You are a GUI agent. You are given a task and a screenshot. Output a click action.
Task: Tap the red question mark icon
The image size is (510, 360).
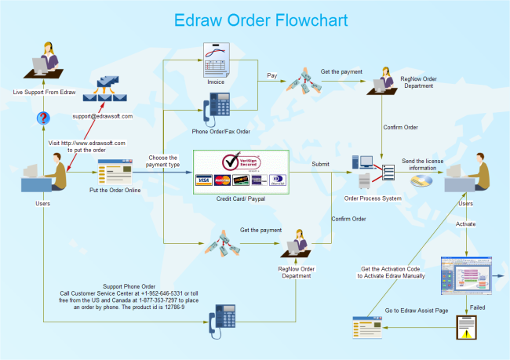click(x=44, y=118)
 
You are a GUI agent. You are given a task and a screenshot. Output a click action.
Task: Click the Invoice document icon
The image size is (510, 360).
click(x=215, y=60)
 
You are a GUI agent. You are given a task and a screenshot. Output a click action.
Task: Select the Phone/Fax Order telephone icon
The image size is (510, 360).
click(x=216, y=107)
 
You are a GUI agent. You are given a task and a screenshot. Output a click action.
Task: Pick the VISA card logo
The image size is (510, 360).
click(x=204, y=180)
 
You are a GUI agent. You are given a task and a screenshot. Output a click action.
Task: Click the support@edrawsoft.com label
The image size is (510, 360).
click(x=103, y=116)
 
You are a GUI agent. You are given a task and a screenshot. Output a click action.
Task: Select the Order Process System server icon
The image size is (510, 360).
click(x=366, y=173)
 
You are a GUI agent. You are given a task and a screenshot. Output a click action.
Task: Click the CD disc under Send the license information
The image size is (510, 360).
click(x=421, y=180)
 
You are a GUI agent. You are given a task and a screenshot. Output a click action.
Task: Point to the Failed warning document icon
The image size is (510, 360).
click(x=466, y=327)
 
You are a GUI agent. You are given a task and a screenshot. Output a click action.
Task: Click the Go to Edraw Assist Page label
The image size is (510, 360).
click(x=416, y=311)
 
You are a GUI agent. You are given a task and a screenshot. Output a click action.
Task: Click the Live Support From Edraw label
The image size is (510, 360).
click(x=44, y=93)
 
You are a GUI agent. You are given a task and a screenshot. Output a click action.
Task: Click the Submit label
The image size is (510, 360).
click(x=320, y=164)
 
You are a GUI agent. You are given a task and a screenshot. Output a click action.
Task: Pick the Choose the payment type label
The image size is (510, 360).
click(x=162, y=162)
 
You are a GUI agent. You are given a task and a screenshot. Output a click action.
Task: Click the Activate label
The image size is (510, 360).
click(x=465, y=225)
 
